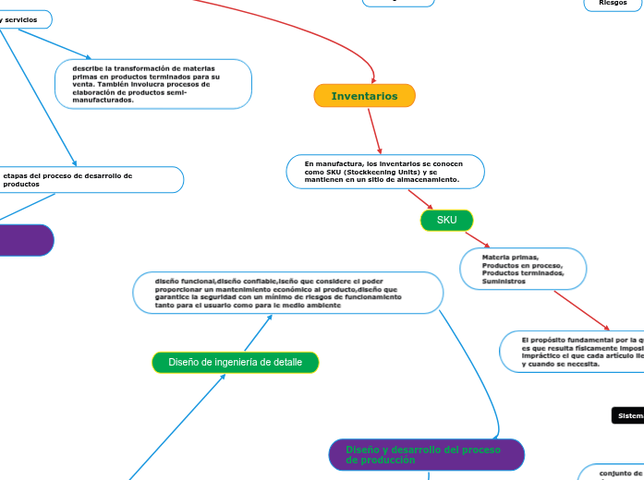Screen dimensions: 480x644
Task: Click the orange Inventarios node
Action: [x=365, y=96]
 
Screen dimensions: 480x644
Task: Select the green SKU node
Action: [x=447, y=221]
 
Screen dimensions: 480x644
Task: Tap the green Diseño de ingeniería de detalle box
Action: [x=235, y=363]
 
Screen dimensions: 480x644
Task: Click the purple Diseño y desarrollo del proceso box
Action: [x=426, y=454]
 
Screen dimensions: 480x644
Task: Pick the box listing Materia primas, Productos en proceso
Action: [x=523, y=269]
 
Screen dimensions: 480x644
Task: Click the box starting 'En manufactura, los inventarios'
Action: [x=385, y=172]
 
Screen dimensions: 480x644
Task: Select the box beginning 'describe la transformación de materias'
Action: [x=153, y=84]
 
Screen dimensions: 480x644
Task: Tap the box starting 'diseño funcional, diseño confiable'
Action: [x=287, y=293]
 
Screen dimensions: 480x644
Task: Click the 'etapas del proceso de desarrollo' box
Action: [x=91, y=180]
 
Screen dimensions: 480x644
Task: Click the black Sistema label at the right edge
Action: [x=628, y=416]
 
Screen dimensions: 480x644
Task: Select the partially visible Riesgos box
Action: [x=613, y=4]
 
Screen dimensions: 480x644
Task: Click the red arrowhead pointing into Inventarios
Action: [x=372, y=78]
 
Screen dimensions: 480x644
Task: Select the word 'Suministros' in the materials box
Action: [x=504, y=282]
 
